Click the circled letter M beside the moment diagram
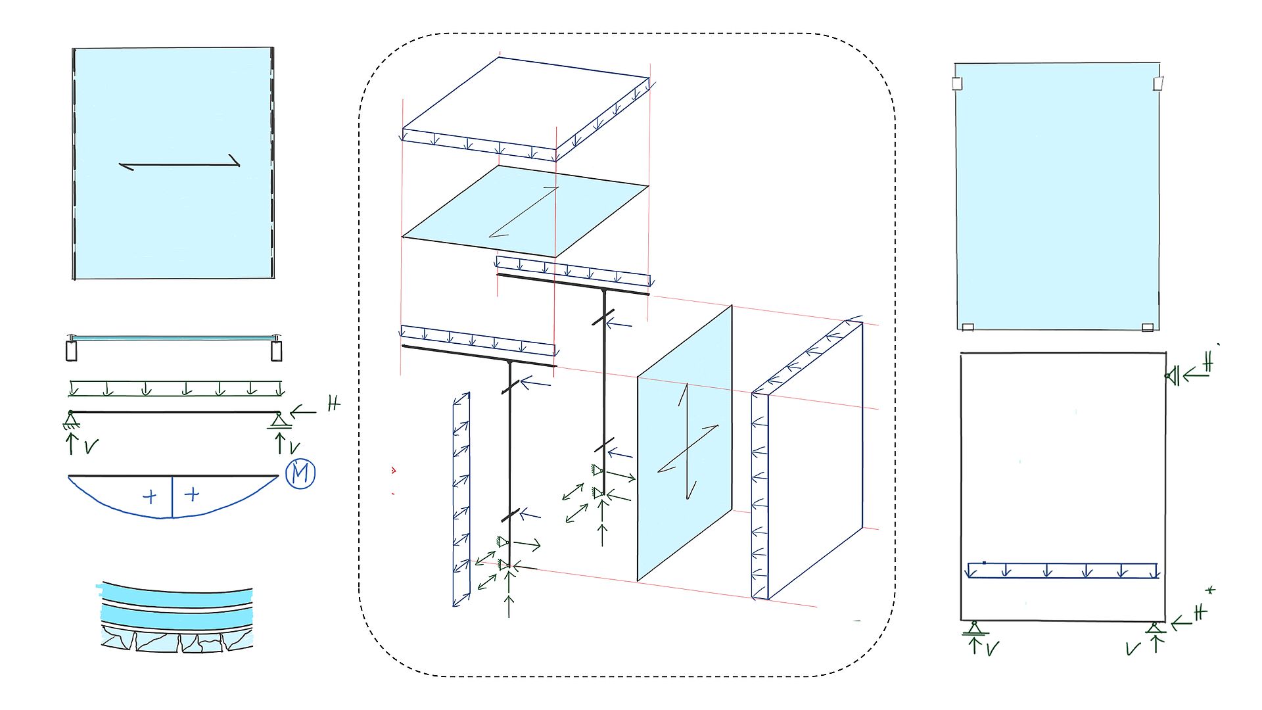coord(300,473)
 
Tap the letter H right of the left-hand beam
coord(334,403)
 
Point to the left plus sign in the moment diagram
coord(150,496)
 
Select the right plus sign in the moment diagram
coord(192,494)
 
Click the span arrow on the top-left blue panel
coord(179,164)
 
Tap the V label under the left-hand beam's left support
coord(91,447)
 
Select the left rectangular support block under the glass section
coord(72,350)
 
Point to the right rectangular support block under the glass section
coord(277,350)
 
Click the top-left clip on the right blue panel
coord(957,83)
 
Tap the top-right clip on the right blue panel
coord(1158,83)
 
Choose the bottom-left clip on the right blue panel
coord(968,327)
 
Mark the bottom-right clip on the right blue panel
coord(1148,327)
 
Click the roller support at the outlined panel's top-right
coord(1172,376)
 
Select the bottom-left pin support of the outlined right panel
coord(974,628)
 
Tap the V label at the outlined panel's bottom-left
coord(992,649)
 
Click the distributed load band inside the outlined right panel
coord(1062,570)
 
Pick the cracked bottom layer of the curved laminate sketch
coord(176,641)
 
